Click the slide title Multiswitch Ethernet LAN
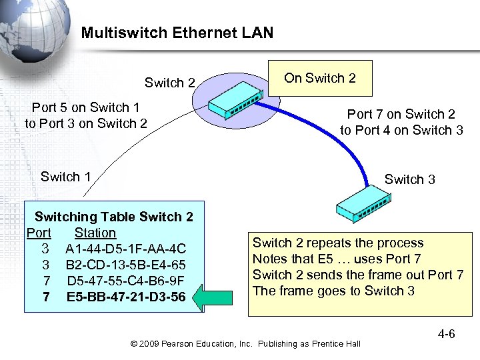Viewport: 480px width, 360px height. pyautogui.click(x=177, y=33)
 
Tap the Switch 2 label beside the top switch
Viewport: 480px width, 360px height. pyautogui.click(x=170, y=83)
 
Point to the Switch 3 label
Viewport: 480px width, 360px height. pyautogui.click(x=409, y=179)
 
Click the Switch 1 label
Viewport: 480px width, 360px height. pyautogui.click(x=65, y=177)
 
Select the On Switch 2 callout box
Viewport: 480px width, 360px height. pyautogui.click(x=320, y=78)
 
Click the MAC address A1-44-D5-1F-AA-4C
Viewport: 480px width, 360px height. pyautogui.click(x=125, y=249)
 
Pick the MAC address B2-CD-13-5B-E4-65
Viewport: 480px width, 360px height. pyautogui.click(x=125, y=265)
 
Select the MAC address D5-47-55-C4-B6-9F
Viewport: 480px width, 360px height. pyautogui.click(x=125, y=281)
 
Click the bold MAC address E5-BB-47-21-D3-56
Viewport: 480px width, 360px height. pyautogui.click(x=125, y=297)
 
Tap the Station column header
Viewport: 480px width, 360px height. pyautogui.click(x=95, y=233)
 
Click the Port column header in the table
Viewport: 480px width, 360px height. pyautogui.click(x=39, y=233)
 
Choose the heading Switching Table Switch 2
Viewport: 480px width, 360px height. pyautogui.click(x=113, y=217)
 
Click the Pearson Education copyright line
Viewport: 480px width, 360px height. pyautogui.click(x=245, y=343)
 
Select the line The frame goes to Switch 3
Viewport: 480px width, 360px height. pyautogui.click(x=333, y=291)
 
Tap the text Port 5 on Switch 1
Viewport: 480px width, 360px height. pyautogui.click(x=85, y=107)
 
